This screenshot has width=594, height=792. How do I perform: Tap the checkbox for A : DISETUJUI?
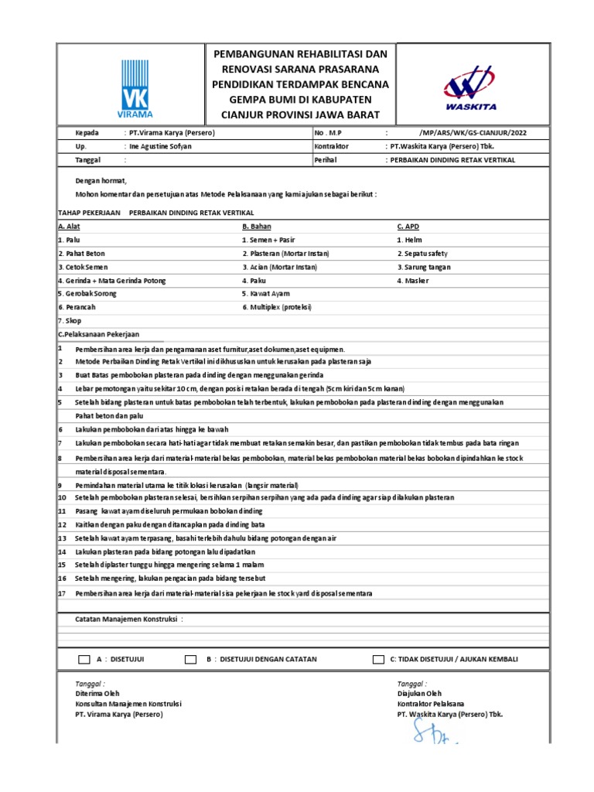tap(84, 660)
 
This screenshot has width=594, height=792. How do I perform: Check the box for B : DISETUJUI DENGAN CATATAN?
tap(190, 660)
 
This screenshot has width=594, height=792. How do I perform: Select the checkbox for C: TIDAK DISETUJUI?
tap(378, 660)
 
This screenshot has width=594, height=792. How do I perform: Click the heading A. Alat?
tap(71, 227)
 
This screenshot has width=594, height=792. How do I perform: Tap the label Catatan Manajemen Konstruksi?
tap(128, 620)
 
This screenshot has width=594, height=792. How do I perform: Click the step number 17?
tap(62, 593)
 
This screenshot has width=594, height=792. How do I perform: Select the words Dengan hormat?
tap(97, 179)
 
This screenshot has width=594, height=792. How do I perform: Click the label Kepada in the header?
tap(87, 132)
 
